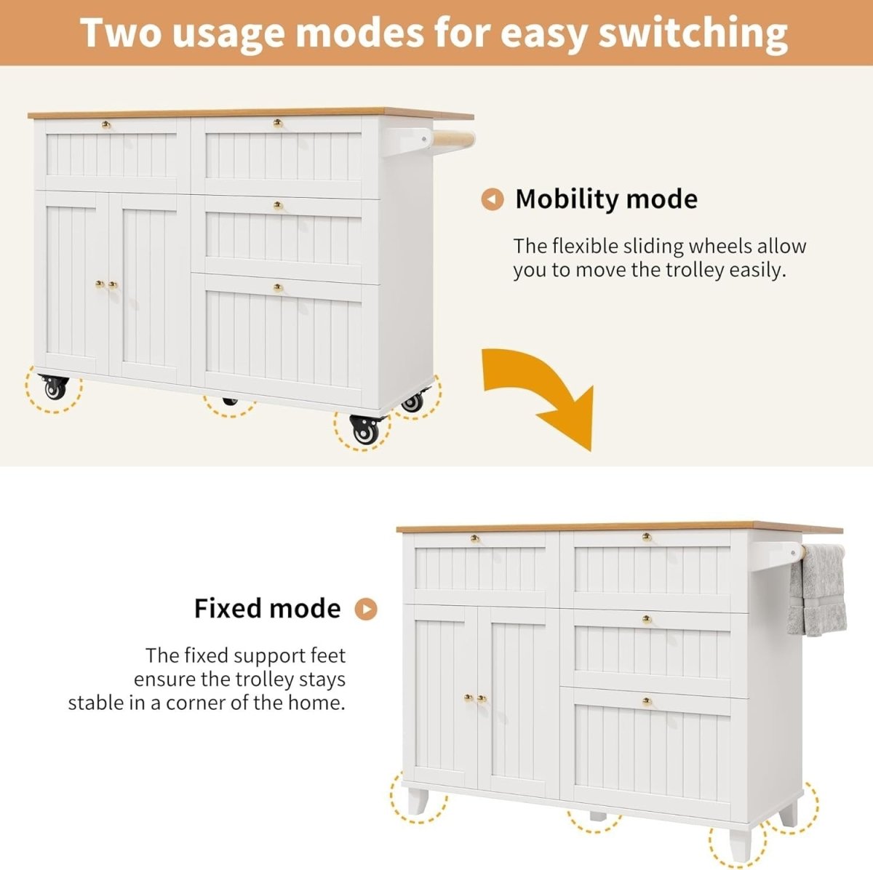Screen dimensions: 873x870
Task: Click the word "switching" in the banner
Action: coord(693,33)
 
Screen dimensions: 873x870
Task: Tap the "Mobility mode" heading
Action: coord(606,199)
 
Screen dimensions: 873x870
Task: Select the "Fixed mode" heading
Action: coord(267,608)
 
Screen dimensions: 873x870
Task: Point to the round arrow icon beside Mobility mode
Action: coord(493,199)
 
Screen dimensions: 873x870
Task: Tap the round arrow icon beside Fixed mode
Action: coord(366,609)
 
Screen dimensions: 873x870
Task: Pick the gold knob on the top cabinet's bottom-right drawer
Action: coord(278,287)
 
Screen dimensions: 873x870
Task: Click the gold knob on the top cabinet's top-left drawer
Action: coord(106,124)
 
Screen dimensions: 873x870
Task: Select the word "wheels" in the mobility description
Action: coord(720,246)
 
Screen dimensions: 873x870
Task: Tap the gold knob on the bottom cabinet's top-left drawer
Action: coord(475,538)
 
